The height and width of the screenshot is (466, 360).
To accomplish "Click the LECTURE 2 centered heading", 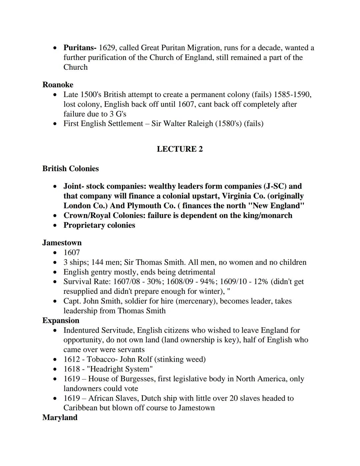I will (180, 149).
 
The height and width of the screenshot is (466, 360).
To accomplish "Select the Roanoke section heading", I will (58, 85).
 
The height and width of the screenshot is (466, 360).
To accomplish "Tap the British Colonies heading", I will (70, 168).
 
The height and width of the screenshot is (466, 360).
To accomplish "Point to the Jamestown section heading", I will (62, 243).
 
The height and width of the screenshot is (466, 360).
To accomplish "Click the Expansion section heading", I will (61, 320).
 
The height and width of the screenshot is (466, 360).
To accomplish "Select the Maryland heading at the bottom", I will (60, 417).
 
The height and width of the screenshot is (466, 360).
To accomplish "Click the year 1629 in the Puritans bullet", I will (107, 48).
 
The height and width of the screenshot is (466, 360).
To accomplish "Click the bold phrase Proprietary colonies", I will (99, 225).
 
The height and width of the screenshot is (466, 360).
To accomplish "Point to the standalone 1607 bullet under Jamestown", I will (72, 253).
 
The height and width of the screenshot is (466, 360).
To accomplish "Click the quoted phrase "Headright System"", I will (120, 369).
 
